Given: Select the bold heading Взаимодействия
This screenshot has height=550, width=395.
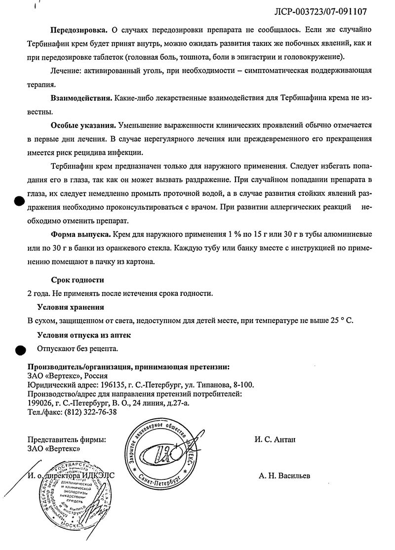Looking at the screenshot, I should [x=80, y=99].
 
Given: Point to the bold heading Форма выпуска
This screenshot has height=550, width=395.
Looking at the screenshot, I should [x=80, y=234].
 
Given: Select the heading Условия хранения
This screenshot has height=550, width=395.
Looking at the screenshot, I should [x=71, y=307].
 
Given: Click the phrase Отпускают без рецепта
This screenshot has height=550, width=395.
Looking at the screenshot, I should [x=78, y=349].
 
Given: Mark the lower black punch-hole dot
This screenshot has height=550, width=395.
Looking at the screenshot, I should [x=19, y=350].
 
